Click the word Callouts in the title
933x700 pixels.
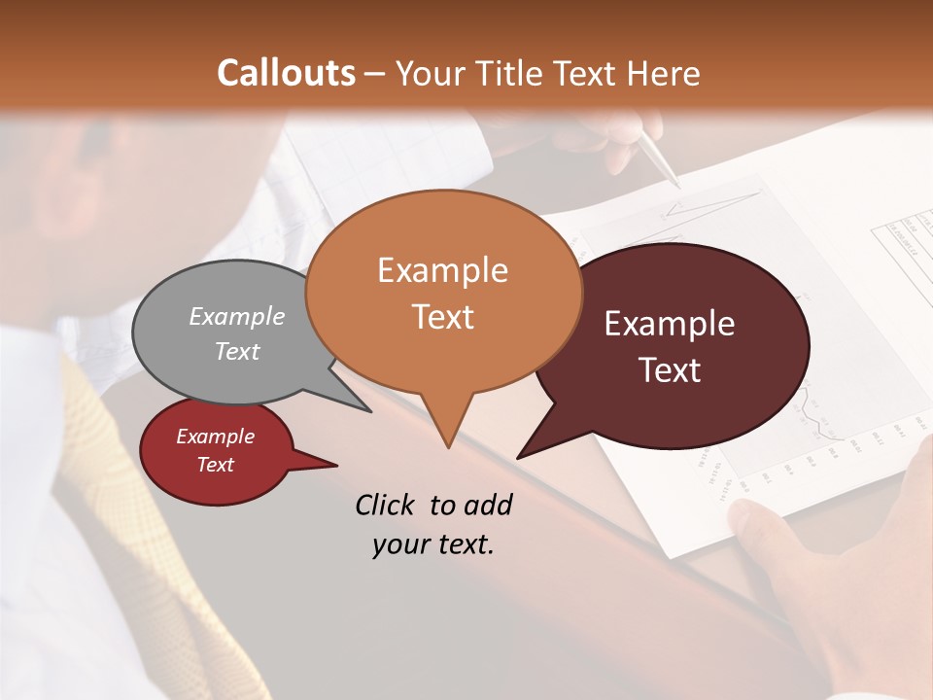tap(286, 73)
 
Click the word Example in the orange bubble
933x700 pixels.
tap(442, 270)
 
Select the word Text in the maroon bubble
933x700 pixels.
tap(670, 370)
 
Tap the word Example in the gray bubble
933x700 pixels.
tap(237, 316)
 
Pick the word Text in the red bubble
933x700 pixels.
tap(215, 465)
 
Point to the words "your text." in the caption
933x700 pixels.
tap(433, 544)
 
